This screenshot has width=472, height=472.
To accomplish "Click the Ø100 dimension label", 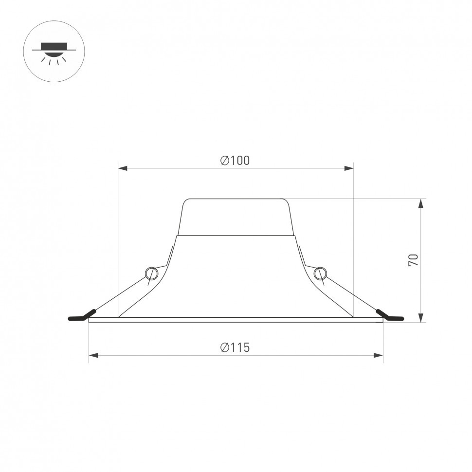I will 235,161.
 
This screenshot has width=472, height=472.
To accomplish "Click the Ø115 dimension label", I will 235,347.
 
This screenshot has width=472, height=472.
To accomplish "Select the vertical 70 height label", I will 413,260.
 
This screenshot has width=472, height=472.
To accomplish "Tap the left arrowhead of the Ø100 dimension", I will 123,168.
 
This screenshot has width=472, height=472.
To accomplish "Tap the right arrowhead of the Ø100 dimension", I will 349,168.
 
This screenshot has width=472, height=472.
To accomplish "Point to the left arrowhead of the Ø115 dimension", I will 93,356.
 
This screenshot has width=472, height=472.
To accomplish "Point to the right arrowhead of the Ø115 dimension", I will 378,356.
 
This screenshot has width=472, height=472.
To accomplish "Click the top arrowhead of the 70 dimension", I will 421,203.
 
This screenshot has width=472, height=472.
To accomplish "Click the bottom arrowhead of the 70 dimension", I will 421,317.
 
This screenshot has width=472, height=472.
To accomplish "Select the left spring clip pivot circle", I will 151,273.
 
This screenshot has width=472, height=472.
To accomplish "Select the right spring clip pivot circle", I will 319,273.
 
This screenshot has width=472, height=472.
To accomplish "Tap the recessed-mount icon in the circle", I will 54,51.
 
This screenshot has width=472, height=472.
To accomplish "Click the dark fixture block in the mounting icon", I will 54,47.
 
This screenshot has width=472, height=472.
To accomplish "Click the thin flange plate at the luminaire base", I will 236,320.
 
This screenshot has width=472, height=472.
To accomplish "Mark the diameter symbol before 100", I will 224,161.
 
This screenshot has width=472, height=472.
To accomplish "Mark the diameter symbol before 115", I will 224,347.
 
